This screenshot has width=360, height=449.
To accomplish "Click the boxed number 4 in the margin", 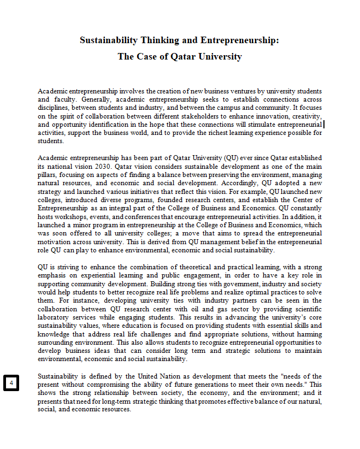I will click(x=11, y=383).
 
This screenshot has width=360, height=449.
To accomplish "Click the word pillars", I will click(x=48, y=174).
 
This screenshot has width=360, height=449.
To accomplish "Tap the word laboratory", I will click(x=54, y=317).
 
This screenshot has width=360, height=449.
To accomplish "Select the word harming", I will click(x=308, y=334).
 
